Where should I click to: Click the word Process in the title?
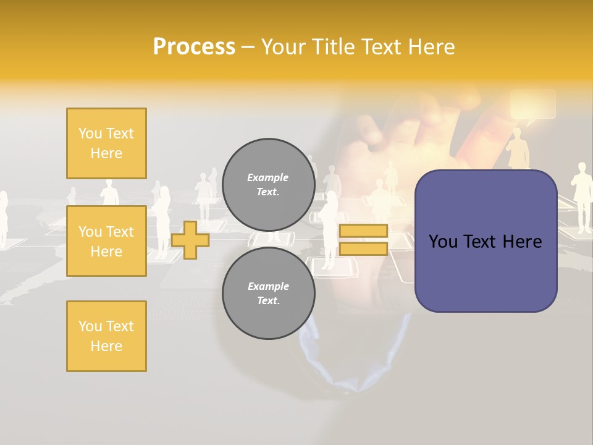click(x=194, y=47)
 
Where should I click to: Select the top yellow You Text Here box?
click(x=106, y=143)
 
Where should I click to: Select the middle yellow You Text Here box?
click(x=106, y=241)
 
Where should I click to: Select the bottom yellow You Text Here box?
click(x=106, y=336)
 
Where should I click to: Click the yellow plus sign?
click(x=190, y=239)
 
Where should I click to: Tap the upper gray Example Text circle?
click(x=268, y=185)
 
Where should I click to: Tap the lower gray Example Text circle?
click(x=268, y=294)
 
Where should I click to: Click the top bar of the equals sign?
click(x=363, y=231)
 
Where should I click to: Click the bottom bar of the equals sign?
click(x=363, y=249)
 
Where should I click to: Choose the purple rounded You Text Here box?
click(x=486, y=241)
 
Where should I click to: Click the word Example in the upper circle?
click(x=268, y=177)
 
